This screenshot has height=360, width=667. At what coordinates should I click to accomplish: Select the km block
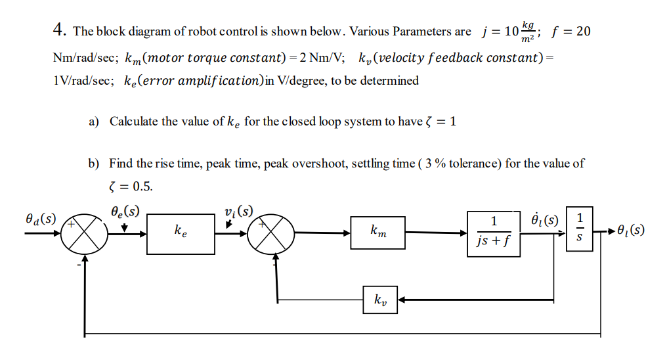click(377, 233)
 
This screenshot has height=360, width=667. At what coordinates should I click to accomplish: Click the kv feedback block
click(380, 300)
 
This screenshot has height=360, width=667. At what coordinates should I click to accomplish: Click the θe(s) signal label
click(125, 212)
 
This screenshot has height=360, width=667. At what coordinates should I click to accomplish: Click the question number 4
click(60, 30)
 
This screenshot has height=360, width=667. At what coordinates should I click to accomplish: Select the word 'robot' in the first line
click(203, 32)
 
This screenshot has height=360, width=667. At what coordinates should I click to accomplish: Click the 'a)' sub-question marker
click(94, 122)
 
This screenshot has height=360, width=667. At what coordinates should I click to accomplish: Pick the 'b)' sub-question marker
click(95, 163)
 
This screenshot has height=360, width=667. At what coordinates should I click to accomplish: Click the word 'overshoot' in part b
click(322, 163)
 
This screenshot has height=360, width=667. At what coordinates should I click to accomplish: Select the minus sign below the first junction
click(77, 266)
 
